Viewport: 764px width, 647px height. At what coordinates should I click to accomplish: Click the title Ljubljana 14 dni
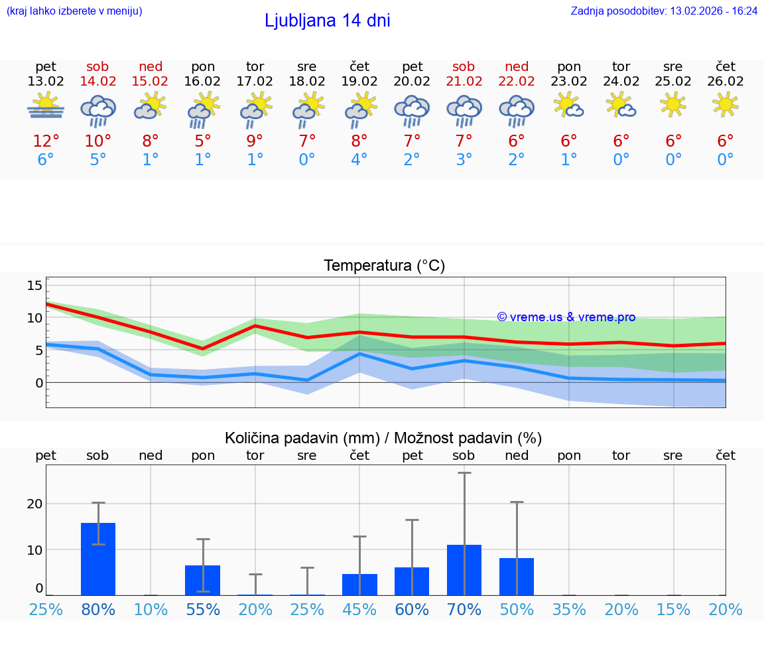[x=327, y=21]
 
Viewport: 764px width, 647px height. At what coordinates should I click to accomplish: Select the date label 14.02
[x=98, y=81]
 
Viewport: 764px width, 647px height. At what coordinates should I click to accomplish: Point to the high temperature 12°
[x=46, y=141]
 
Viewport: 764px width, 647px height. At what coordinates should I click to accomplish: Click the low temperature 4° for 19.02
[x=359, y=159]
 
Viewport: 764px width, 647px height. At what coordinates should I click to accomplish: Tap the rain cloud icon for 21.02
[x=464, y=109]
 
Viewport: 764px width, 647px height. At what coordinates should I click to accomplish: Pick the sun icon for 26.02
[x=726, y=104]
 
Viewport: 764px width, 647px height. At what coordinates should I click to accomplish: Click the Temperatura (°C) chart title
[x=384, y=265]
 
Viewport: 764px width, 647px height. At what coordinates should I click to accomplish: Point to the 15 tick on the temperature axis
[x=34, y=285]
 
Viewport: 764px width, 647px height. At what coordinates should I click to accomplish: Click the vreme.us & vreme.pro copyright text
[x=566, y=317]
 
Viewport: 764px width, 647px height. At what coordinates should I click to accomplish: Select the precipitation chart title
[x=383, y=438]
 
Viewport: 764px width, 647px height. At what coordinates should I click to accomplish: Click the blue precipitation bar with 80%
[x=98, y=559]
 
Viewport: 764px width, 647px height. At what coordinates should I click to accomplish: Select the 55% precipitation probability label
[x=203, y=609]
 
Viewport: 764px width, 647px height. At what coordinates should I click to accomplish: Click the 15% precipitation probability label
[x=673, y=609]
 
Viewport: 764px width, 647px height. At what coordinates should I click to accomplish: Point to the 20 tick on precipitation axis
[x=34, y=504]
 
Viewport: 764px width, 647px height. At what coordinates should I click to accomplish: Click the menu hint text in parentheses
[x=74, y=11]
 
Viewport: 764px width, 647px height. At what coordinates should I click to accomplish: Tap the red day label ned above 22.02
[x=517, y=66]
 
